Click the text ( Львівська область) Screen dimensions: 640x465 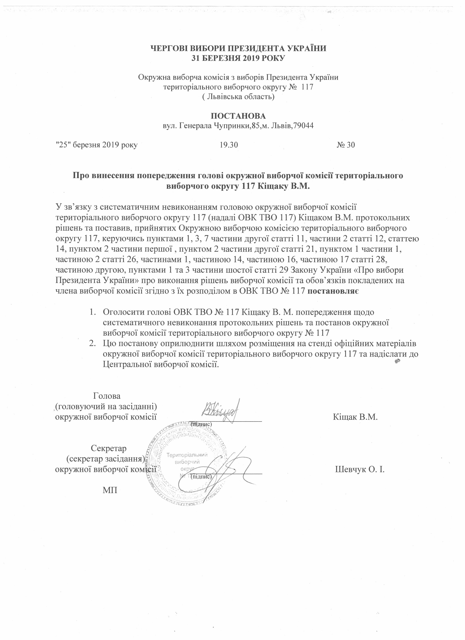point(238,97)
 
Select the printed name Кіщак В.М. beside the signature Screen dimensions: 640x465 point(355,417)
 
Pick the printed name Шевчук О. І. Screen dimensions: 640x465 point(360,470)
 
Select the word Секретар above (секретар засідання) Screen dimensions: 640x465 point(109,448)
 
